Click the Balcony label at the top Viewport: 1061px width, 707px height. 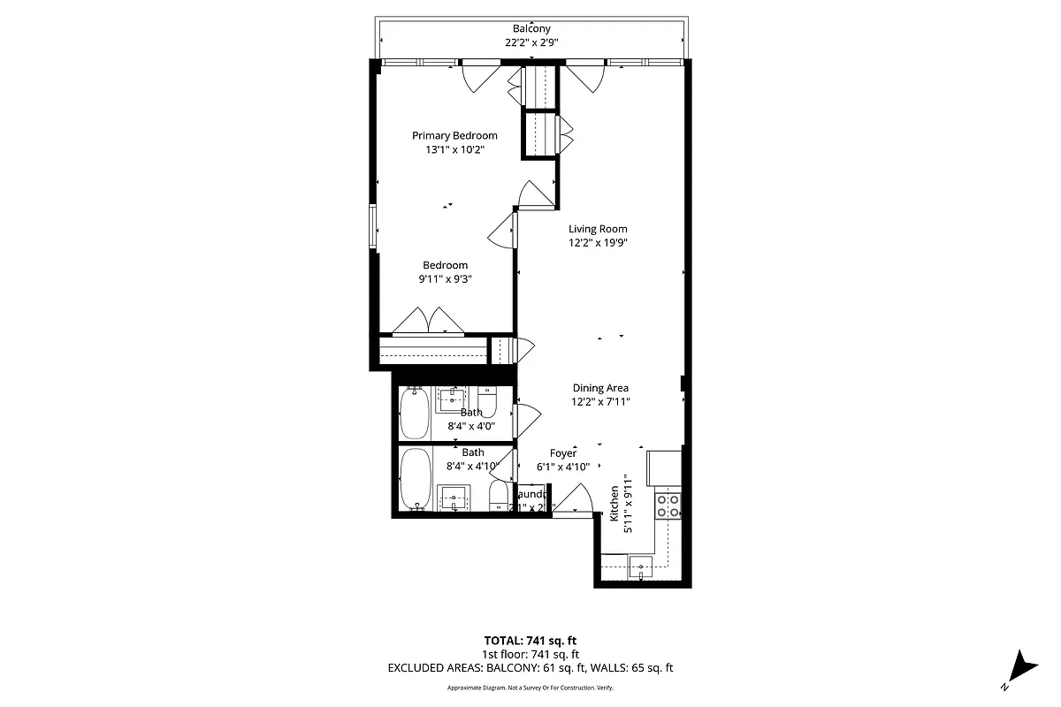coord(531,29)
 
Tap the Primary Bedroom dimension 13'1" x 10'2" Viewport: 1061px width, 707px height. coord(454,149)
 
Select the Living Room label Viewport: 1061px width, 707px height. coord(598,229)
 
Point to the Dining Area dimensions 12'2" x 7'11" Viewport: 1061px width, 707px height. coord(600,402)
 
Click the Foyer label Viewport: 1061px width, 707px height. coord(563,453)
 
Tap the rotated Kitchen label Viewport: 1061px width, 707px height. coord(614,504)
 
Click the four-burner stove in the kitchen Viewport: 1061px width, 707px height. coord(668,505)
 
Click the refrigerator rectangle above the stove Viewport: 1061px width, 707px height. coord(664,468)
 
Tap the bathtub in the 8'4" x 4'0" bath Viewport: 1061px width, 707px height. coord(414,414)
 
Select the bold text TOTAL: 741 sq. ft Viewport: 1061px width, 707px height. coord(530,640)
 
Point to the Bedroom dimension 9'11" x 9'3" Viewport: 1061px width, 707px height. coord(445,279)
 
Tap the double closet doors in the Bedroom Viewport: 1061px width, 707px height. coord(429,322)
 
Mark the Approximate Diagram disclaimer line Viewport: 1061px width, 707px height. coord(530,688)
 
